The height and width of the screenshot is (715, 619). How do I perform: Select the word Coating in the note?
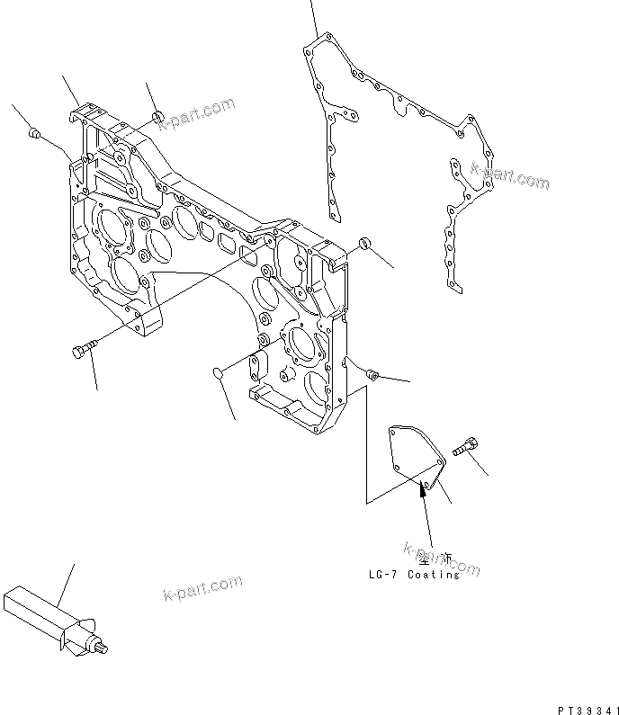pyautogui.click(x=435, y=575)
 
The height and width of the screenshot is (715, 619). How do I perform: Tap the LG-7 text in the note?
pyautogui.click(x=383, y=575)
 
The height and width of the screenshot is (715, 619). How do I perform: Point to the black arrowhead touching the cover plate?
pyautogui.click(x=421, y=489)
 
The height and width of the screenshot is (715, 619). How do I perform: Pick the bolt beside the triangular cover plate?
pyautogui.click(x=467, y=444)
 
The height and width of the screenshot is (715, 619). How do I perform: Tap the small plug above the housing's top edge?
pyautogui.click(x=157, y=115)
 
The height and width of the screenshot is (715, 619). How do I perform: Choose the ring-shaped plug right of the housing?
pyautogui.click(x=364, y=245)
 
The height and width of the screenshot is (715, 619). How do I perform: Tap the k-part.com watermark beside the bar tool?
pyautogui.click(x=202, y=590)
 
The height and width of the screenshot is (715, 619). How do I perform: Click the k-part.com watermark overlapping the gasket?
pyautogui.click(x=509, y=174)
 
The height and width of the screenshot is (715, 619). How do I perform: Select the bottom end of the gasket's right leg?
pyautogui.click(x=454, y=289)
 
